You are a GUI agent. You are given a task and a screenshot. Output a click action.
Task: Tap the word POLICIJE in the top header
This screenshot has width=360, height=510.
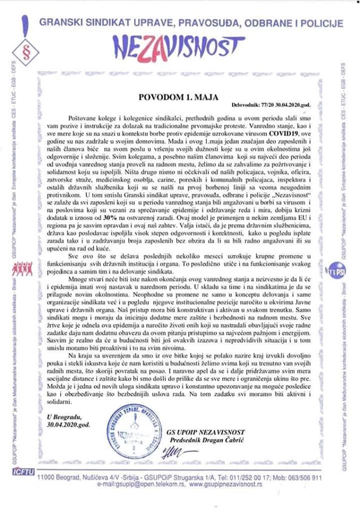[x=315, y=24]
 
